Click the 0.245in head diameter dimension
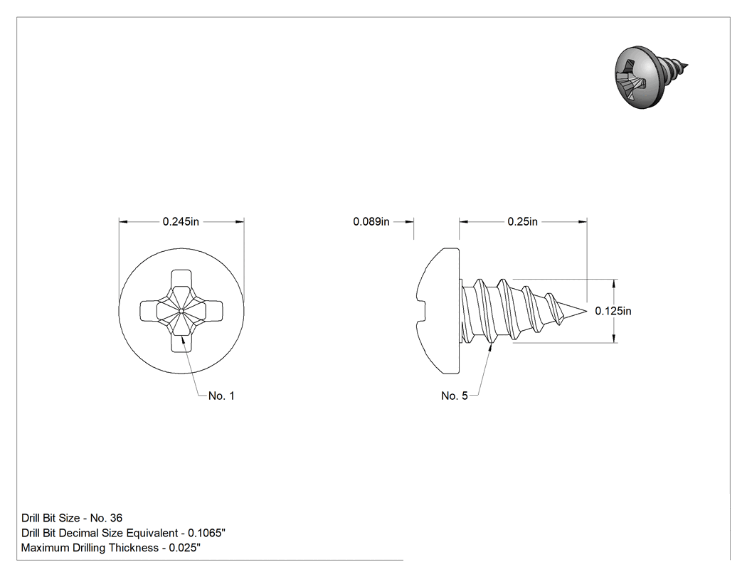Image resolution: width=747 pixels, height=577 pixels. (x=181, y=221)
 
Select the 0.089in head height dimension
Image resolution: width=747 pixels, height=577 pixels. (x=371, y=221)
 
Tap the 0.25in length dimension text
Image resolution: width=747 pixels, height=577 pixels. (x=523, y=221)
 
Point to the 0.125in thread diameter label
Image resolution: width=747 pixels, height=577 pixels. (x=613, y=311)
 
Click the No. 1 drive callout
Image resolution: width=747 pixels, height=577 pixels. (x=221, y=396)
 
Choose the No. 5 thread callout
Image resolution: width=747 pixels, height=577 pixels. (x=455, y=396)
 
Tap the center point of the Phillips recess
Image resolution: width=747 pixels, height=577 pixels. (x=181, y=311)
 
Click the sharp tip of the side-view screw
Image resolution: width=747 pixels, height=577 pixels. (x=586, y=312)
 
